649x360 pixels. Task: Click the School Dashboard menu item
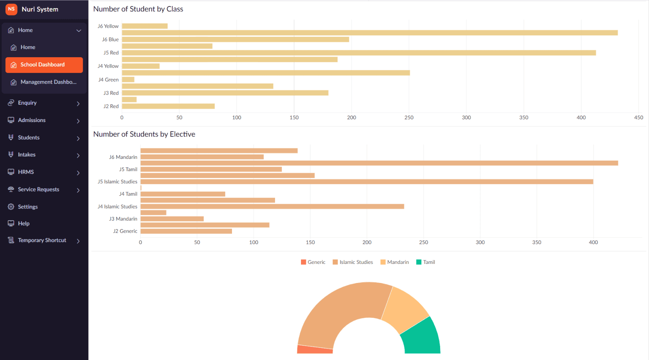pyautogui.click(x=44, y=65)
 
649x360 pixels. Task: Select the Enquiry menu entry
pyautogui.click(x=28, y=103)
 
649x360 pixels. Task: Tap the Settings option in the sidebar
pyautogui.click(x=28, y=207)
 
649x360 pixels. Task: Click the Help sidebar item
pyautogui.click(x=24, y=223)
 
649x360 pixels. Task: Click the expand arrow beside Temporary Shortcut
pyautogui.click(x=78, y=241)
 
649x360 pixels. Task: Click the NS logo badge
pyautogui.click(x=11, y=9)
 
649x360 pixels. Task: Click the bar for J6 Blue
pyautogui.click(x=235, y=39)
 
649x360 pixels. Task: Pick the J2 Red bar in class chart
pyautogui.click(x=168, y=106)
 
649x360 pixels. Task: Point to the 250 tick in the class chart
pyautogui.click(x=409, y=118)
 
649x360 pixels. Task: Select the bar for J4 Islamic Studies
pyautogui.click(x=272, y=206)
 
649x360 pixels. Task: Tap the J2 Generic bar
pyautogui.click(x=186, y=231)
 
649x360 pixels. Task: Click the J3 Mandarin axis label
pyautogui.click(x=123, y=219)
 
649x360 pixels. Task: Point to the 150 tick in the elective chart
pyautogui.click(x=310, y=242)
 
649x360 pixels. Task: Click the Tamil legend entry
pyautogui.click(x=426, y=262)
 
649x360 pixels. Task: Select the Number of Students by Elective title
pyautogui.click(x=144, y=134)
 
